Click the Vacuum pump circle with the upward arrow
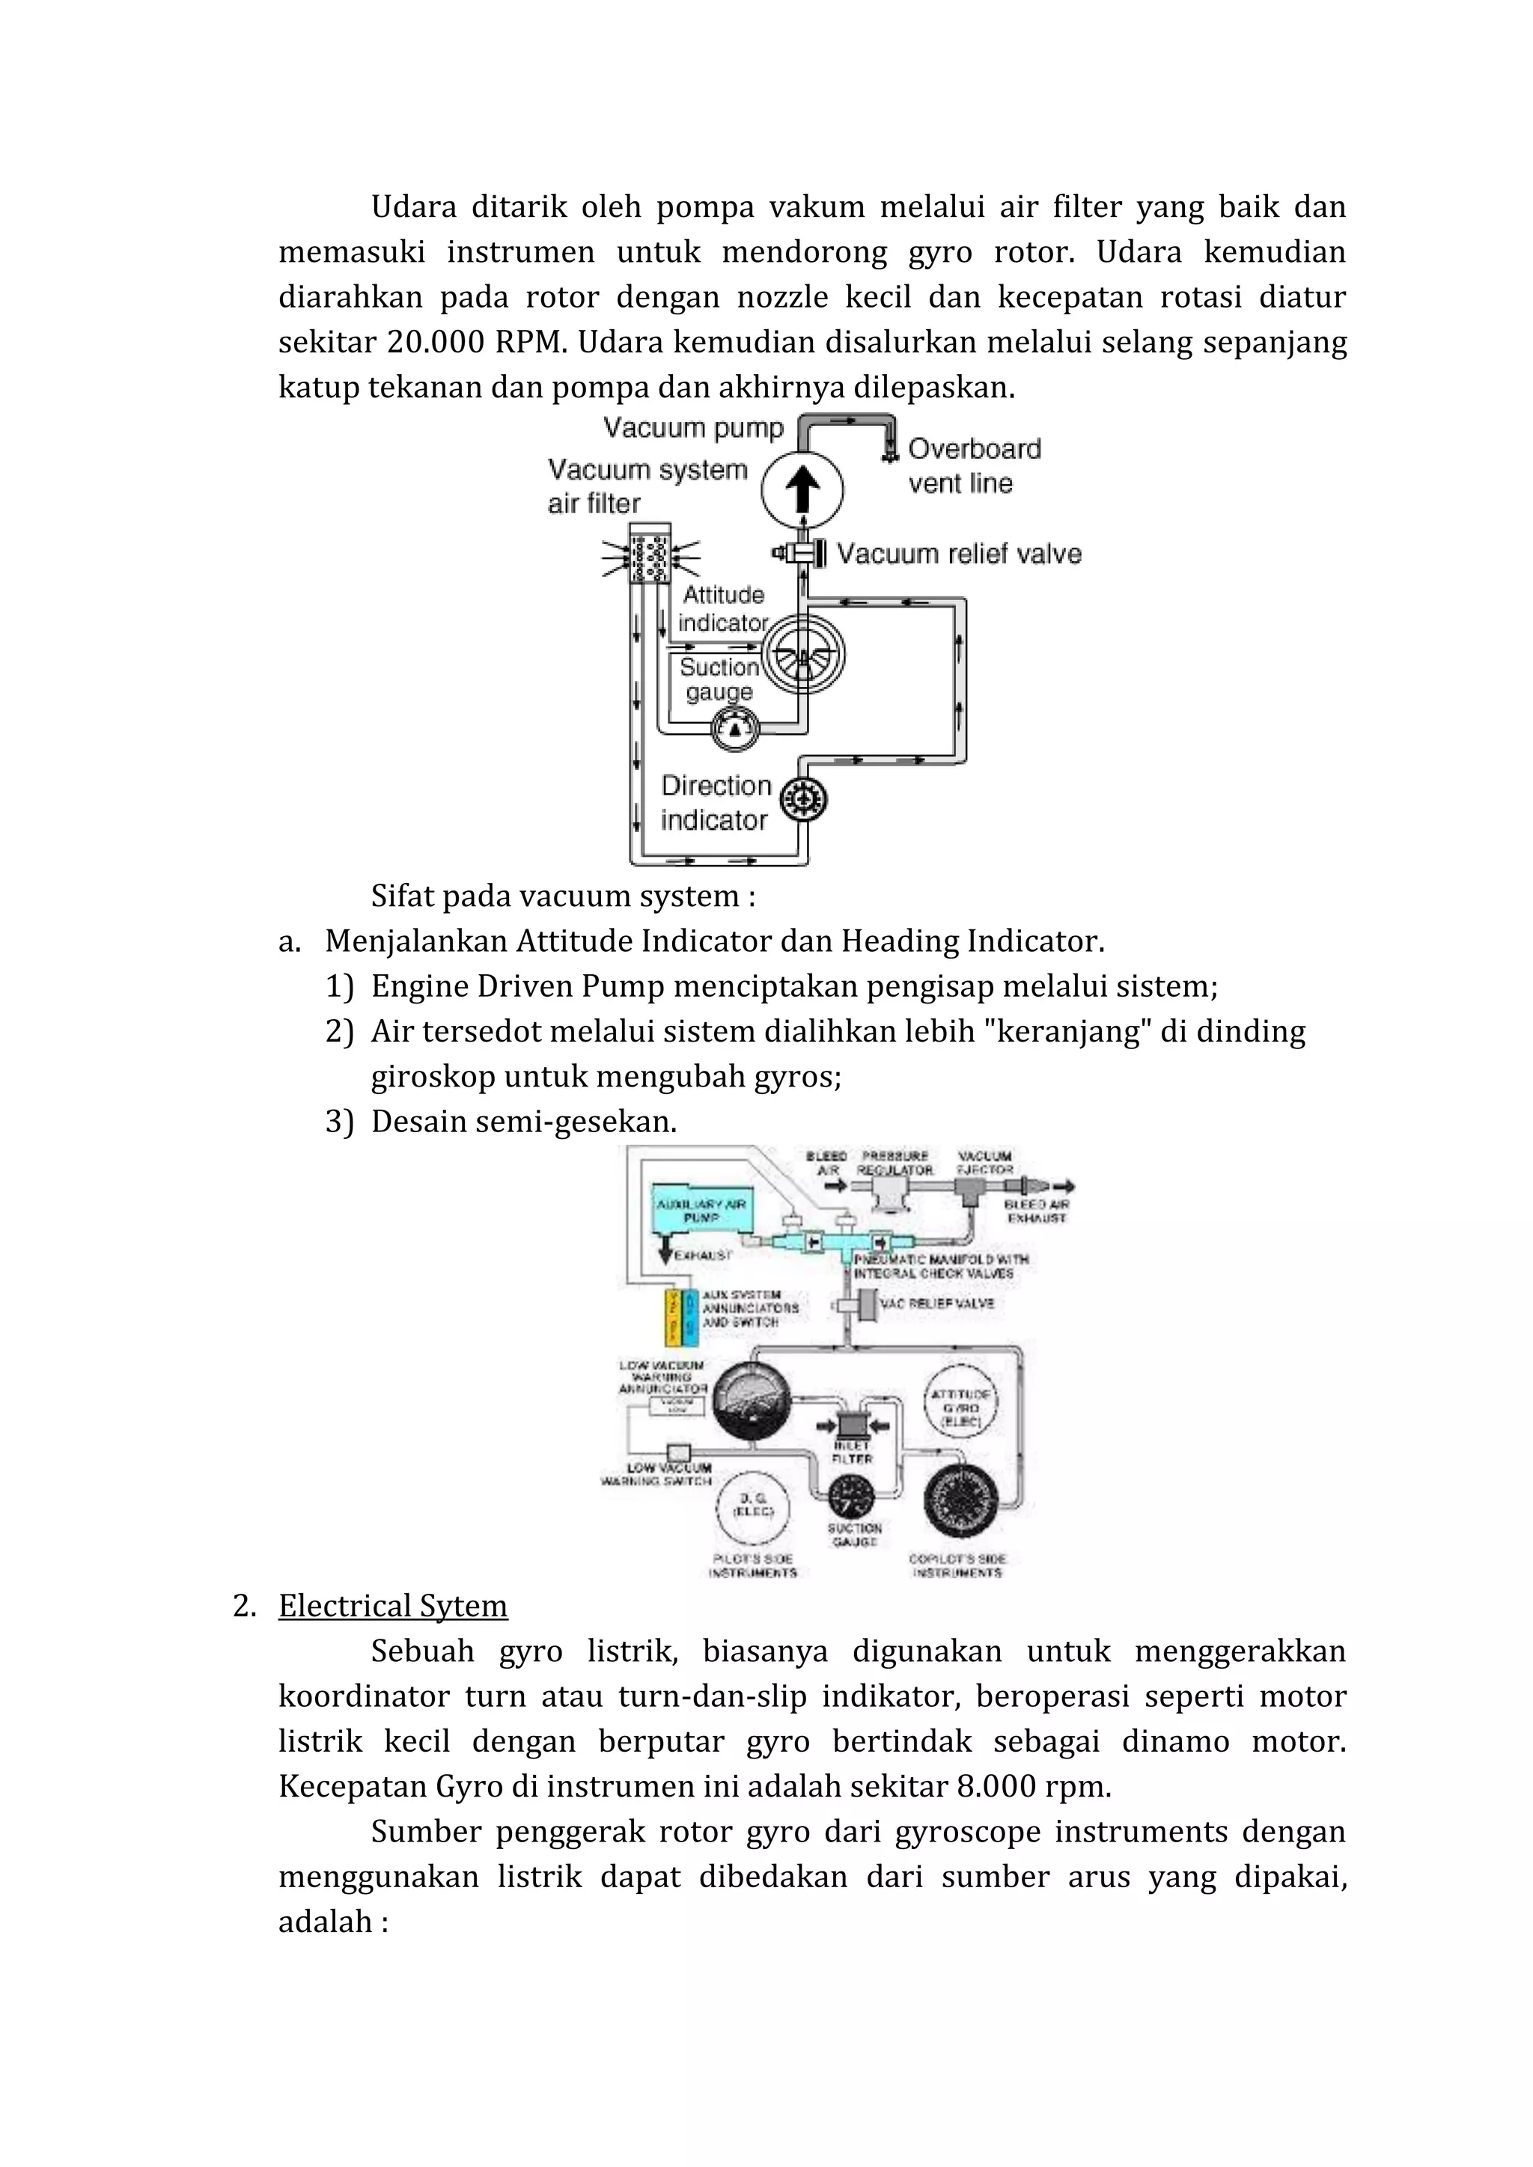(x=802, y=489)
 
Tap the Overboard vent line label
(x=972, y=465)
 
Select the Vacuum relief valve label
(x=958, y=554)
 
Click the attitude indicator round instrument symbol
(x=802, y=654)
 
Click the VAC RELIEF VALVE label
(x=936, y=1303)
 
